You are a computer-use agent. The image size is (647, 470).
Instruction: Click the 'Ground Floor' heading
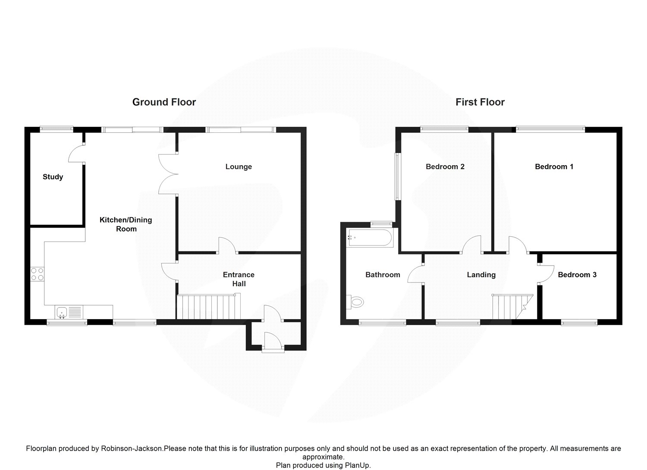click(x=164, y=102)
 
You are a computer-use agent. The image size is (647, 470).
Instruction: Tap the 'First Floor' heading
click(x=480, y=102)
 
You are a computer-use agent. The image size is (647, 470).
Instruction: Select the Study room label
click(x=53, y=177)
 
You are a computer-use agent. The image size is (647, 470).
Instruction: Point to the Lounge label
click(x=239, y=167)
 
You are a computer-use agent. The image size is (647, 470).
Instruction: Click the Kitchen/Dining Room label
click(x=126, y=224)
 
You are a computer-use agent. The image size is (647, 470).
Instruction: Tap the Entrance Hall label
click(x=239, y=279)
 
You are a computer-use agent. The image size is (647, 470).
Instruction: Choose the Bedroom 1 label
click(x=554, y=167)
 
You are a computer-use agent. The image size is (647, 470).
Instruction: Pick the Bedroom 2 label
click(x=445, y=167)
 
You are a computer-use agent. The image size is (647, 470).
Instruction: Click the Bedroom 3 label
click(x=577, y=275)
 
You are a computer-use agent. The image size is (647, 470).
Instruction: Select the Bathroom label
click(x=383, y=275)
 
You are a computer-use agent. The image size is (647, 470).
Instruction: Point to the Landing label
click(x=481, y=275)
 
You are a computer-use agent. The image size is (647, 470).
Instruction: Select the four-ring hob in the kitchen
click(x=37, y=274)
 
